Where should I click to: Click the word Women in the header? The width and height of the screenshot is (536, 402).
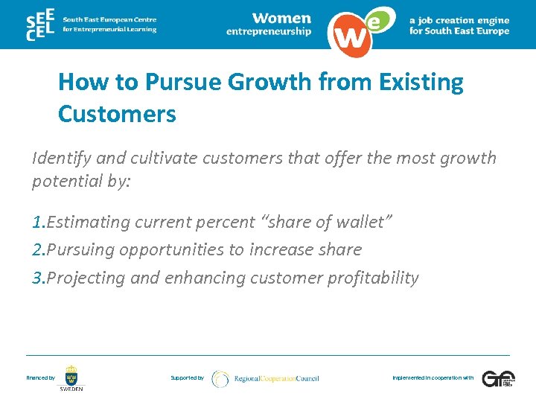(x=281, y=18)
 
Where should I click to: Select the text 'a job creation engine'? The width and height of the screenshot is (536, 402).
(x=459, y=20)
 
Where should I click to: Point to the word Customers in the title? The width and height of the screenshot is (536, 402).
(x=117, y=114)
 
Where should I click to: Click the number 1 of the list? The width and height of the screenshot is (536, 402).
(x=37, y=222)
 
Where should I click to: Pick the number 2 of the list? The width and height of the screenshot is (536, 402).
(x=37, y=250)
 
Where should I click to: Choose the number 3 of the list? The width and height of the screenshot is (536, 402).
(x=37, y=278)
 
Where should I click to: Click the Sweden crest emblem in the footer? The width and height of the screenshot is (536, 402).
(x=71, y=374)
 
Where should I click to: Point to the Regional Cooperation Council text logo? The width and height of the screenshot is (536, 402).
(x=276, y=378)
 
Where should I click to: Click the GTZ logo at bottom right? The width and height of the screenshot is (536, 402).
(x=497, y=378)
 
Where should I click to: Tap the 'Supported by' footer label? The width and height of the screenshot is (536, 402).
(x=187, y=378)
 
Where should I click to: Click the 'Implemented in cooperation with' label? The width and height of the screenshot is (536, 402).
(x=433, y=378)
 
